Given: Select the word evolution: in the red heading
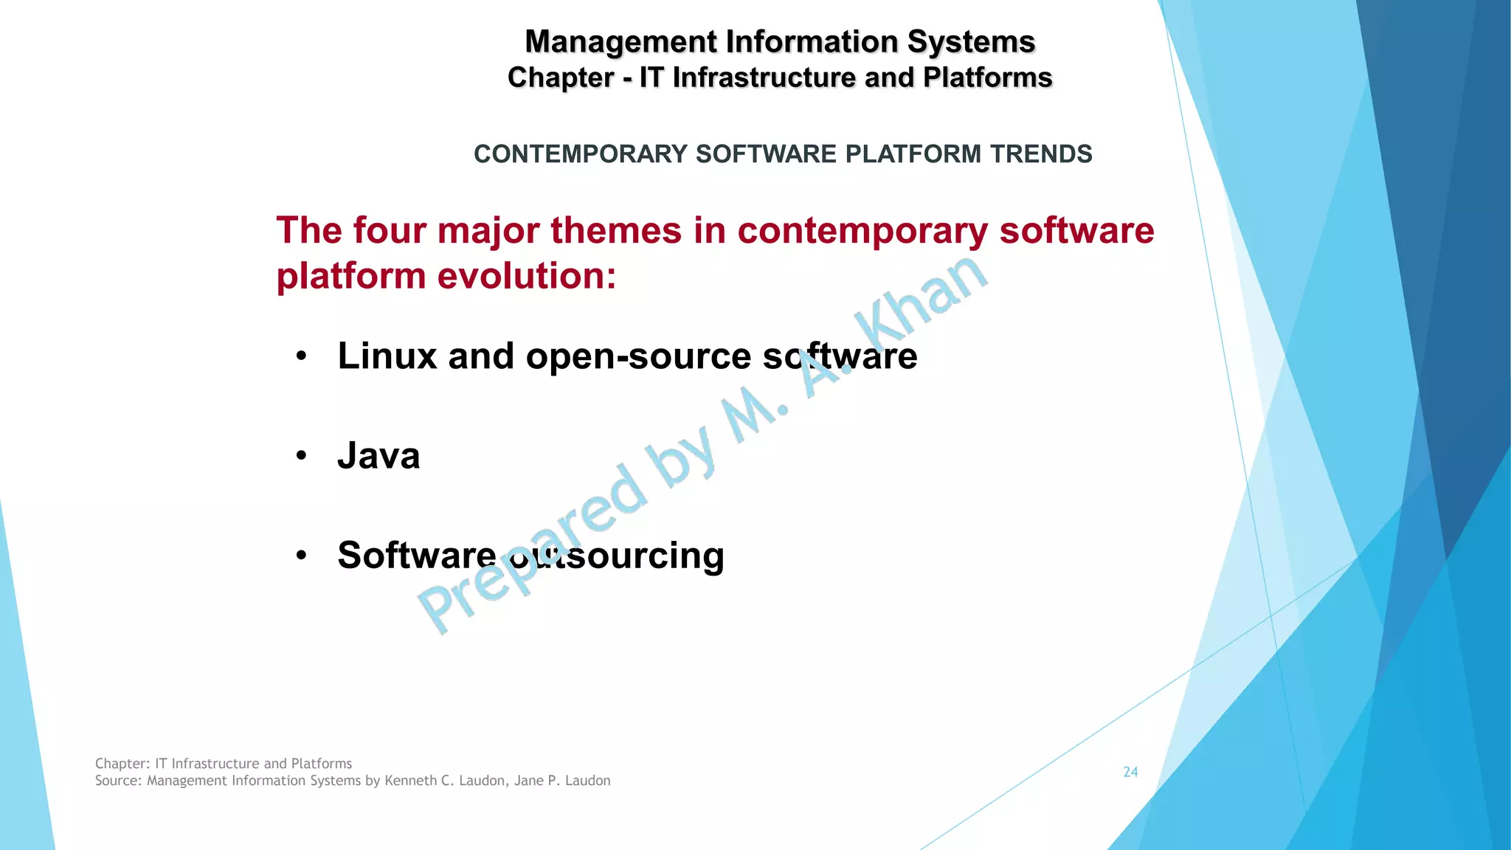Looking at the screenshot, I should point(527,276).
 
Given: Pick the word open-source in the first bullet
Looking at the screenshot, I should point(638,356).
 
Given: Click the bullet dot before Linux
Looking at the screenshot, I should point(301,357).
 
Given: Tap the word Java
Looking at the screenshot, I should point(378,455).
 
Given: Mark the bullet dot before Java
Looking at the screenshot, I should point(301,457).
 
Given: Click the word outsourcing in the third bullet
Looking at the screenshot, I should point(617,556).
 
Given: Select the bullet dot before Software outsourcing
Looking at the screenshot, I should point(301,556).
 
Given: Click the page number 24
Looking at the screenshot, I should point(1130,772).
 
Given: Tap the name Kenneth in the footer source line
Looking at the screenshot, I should point(411,781).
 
